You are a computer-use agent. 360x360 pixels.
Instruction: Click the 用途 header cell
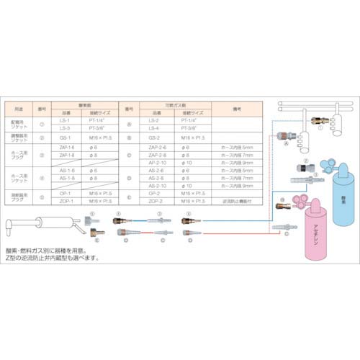click(20, 108)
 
